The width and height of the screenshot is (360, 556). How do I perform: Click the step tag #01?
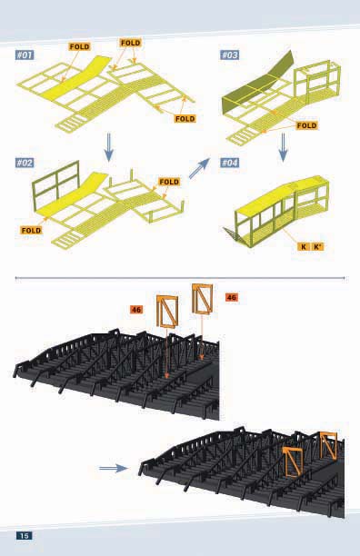click(x=25, y=55)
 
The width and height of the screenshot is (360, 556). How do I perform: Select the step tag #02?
click(x=25, y=163)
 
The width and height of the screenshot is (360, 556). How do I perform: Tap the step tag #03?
click(x=230, y=55)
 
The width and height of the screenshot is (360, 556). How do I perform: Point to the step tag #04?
click(x=230, y=163)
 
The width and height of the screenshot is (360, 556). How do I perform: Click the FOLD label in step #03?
click(x=306, y=125)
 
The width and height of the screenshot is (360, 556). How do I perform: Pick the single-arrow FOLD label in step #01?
click(x=80, y=47)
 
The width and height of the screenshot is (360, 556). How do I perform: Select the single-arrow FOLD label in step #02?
click(x=31, y=231)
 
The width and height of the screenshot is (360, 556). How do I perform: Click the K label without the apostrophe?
click(x=304, y=247)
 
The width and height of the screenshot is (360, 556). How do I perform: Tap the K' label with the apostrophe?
click(x=318, y=247)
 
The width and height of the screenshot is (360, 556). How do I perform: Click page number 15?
click(x=25, y=535)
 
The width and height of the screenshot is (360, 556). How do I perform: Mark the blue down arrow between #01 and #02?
click(x=109, y=147)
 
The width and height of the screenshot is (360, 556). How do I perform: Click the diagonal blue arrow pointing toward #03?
click(x=199, y=169)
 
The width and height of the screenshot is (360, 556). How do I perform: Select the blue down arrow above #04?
click(x=283, y=147)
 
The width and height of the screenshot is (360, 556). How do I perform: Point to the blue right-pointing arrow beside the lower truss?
click(x=114, y=469)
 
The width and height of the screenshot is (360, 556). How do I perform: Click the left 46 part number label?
click(x=136, y=310)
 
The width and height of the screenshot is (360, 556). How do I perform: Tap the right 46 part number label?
click(x=231, y=297)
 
